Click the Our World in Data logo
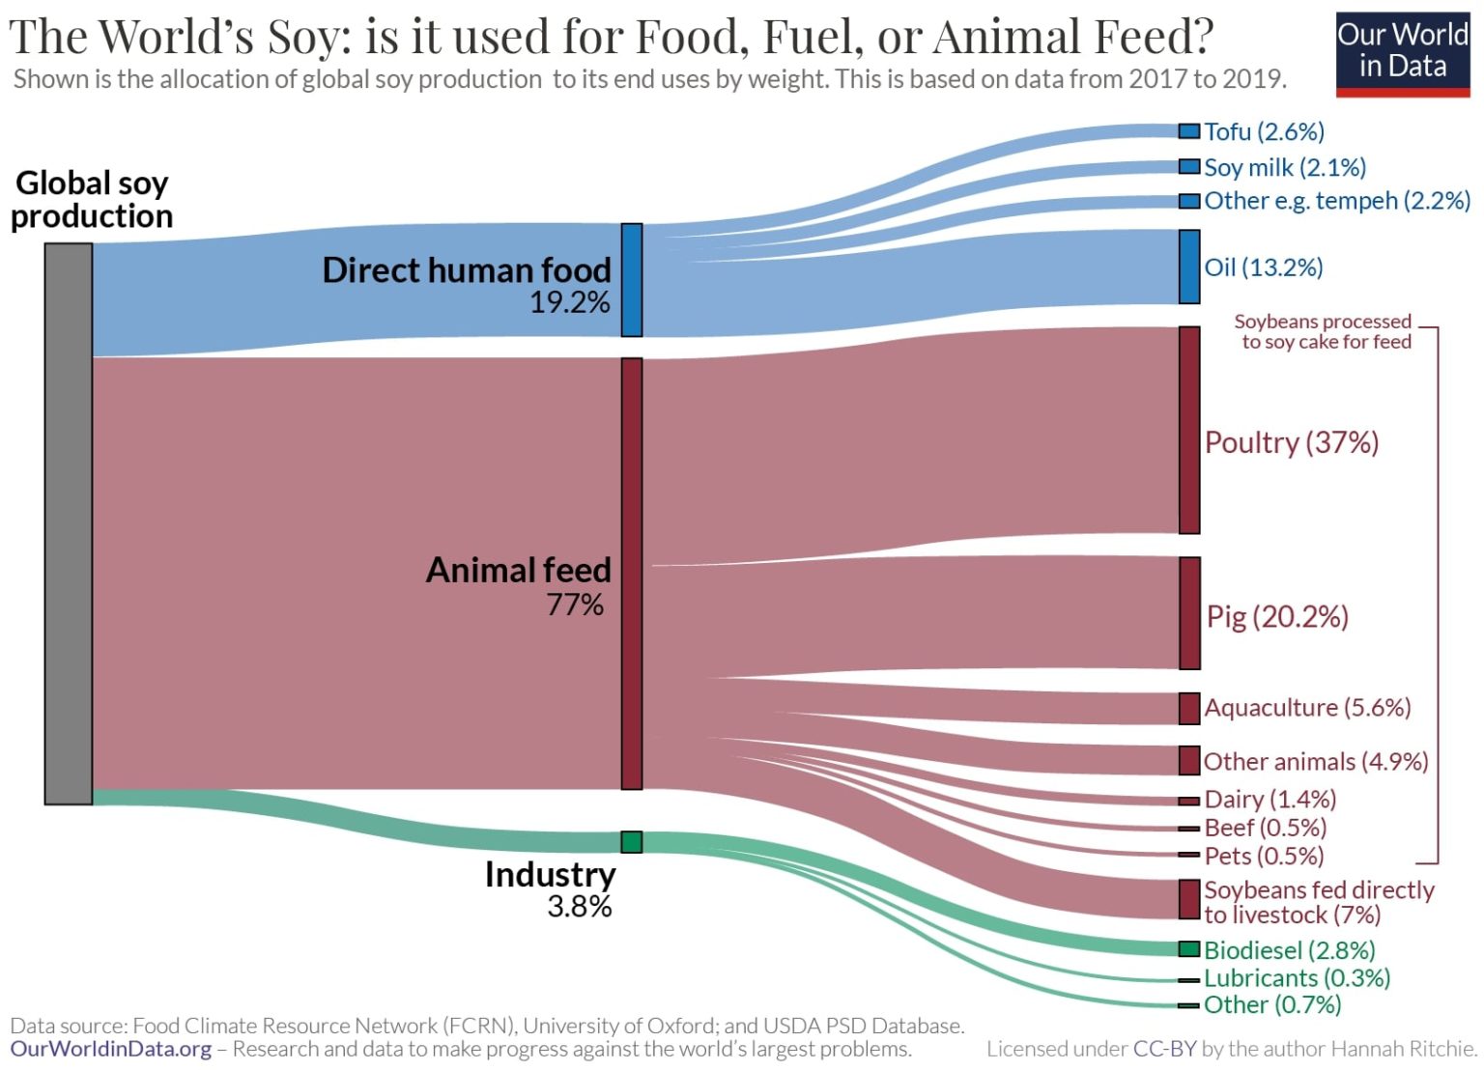point(1402,53)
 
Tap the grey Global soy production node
point(69,523)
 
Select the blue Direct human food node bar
point(631,280)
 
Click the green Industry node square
point(631,842)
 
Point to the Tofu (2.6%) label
point(1264,131)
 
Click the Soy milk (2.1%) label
point(1284,167)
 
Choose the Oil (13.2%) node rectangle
point(1189,267)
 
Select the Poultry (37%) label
point(1291,442)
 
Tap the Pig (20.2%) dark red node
point(1189,613)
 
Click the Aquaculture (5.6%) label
point(1307,708)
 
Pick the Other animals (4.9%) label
point(1315,762)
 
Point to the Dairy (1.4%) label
point(1270,800)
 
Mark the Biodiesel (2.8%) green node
point(1189,949)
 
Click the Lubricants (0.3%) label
point(1297,978)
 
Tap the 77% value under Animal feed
point(575,605)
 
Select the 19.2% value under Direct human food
point(569,303)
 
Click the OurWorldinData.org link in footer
point(110,1049)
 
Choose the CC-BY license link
point(1164,1049)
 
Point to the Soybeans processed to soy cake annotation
point(1325,331)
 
